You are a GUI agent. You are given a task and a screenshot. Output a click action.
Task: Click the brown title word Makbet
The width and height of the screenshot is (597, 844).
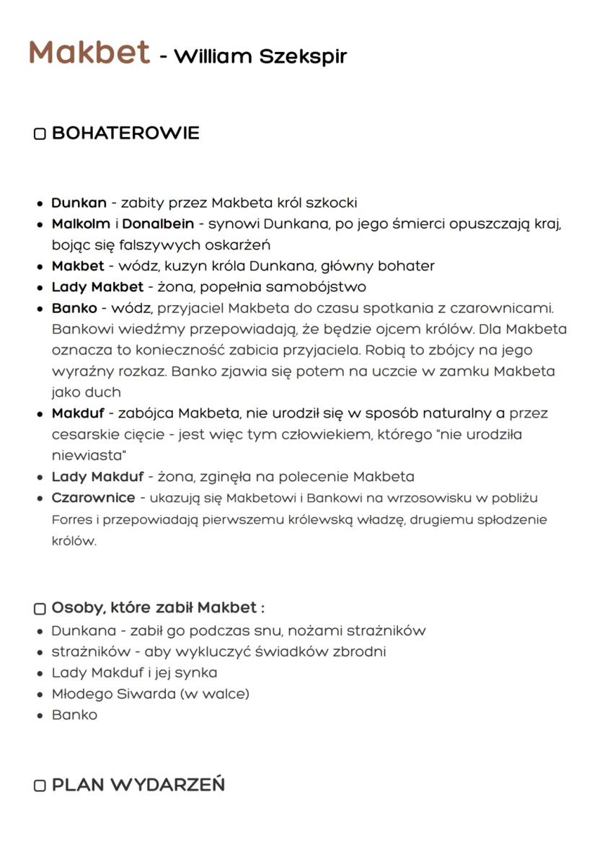[89, 53]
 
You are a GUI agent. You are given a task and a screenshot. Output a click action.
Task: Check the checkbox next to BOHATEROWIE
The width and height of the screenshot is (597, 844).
[40, 134]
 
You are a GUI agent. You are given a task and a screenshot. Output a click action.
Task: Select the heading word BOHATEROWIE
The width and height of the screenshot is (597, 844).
[125, 133]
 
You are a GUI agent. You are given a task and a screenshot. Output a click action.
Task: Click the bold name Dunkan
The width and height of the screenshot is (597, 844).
[79, 203]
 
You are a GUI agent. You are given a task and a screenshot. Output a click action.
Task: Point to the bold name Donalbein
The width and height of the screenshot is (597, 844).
[158, 224]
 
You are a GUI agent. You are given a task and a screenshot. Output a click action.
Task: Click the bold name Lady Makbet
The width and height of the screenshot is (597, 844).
[97, 287]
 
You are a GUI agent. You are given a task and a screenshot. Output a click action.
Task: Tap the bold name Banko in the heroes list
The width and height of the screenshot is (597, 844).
[74, 308]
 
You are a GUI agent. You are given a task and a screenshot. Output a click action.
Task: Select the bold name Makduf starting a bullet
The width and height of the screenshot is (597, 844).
[79, 413]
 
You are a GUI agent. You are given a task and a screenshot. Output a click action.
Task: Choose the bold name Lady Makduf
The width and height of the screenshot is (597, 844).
[97, 477]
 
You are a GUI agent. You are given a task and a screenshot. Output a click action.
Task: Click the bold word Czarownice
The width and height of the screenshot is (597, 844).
[93, 498]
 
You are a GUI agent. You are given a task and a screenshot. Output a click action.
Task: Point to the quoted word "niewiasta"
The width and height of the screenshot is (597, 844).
[89, 456]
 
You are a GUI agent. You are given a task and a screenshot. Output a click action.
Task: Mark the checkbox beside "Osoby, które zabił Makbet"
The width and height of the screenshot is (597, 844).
[40, 609]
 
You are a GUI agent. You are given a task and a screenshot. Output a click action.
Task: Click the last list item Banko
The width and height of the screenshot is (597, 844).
[74, 715]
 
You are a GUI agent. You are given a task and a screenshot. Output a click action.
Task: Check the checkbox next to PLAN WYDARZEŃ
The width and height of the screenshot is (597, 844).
[40, 786]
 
